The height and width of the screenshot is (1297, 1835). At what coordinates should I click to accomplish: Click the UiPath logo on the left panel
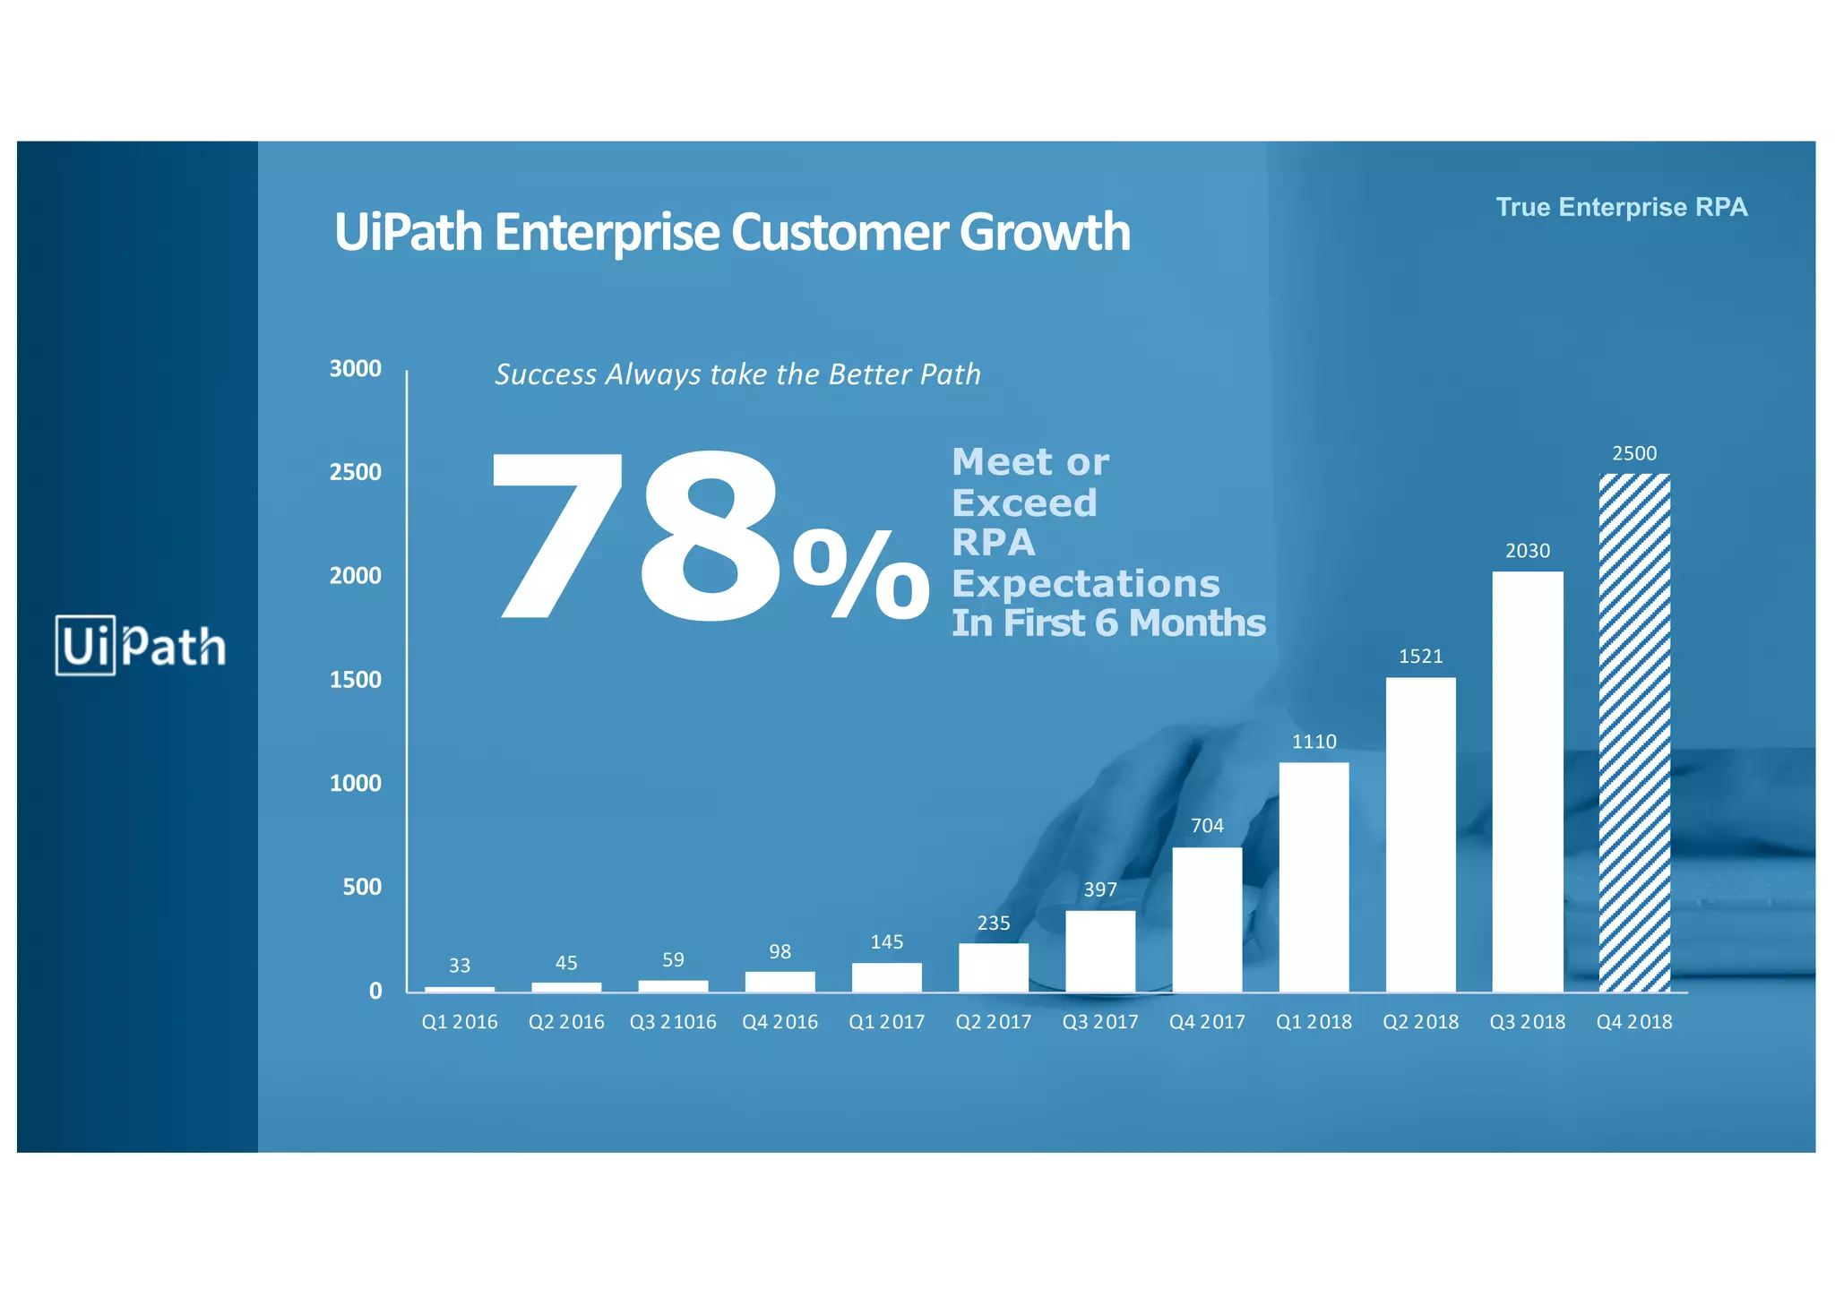point(140,645)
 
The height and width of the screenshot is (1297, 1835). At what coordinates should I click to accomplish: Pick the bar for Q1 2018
point(1314,877)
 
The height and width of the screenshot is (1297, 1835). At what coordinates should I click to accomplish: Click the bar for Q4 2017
point(1207,919)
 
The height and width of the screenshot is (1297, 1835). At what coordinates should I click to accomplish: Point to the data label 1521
point(1421,657)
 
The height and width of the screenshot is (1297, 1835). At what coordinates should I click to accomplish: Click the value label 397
point(1100,889)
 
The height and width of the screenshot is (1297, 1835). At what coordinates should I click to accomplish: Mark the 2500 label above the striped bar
point(1634,453)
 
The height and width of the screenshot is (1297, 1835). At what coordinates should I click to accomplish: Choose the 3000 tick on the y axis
point(356,369)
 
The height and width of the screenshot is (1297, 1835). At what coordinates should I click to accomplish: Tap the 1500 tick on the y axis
point(356,680)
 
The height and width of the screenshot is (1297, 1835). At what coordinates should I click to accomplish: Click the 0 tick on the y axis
point(375,991)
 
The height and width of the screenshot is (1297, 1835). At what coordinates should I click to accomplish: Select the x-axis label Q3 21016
point(673,1022)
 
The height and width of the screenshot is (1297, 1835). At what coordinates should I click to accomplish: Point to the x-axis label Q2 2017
point(994,1022)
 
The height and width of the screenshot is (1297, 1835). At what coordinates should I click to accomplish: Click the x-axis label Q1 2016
point(460,1022)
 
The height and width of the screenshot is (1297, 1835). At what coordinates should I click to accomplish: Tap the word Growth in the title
point(1045,232)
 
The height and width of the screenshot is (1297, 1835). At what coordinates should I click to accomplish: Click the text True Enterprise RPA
point(1622,208)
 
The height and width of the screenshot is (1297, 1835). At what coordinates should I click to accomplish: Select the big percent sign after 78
point(862,575)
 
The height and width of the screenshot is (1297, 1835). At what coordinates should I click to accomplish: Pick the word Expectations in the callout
point(1085,584)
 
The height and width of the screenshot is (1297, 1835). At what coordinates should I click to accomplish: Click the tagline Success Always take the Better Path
point(737,374)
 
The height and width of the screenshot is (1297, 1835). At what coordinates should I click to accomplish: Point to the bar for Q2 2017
point(994,967)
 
